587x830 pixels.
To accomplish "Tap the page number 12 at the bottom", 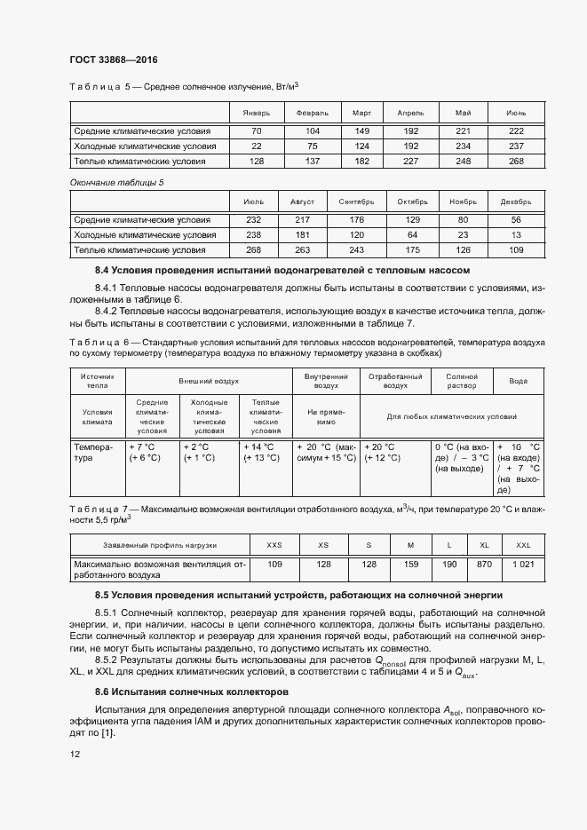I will click(x=75, y=755).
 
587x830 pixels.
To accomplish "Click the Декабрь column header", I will click(x=515, y=202).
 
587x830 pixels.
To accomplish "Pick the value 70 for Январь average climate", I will click(x=257, y=130).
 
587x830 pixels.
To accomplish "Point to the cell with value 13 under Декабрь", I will click(x=516, y=235).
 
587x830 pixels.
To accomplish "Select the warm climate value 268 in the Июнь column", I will click(x=516, y=162).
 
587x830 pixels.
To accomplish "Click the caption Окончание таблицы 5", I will click(x=116, y=183).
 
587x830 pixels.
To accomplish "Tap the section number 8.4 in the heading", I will click(x=103, y=270).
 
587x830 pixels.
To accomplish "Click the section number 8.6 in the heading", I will click(x=103, y=691).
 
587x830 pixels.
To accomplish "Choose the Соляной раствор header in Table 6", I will click(x=462, y=381).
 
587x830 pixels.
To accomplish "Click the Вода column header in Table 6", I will click(x=518, y=381).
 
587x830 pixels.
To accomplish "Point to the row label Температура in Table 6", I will click(x=93, y=453).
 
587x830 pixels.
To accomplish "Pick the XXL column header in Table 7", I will click(x=523, y=545).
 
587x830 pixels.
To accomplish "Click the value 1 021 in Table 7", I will click(x=523, y=565).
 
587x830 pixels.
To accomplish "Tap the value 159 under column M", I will click(x=410, y=565).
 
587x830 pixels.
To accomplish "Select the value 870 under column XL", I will click(x=485, y=565).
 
